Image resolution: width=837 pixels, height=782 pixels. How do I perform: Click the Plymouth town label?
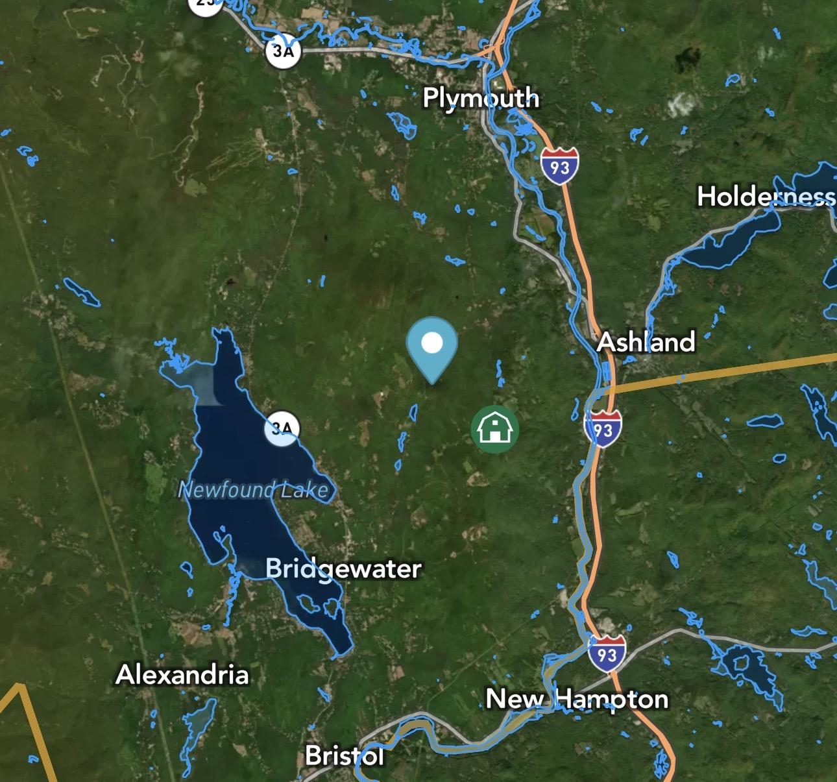481,98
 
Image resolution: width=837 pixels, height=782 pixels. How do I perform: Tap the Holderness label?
766,196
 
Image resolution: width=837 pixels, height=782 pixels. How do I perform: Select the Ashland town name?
646,341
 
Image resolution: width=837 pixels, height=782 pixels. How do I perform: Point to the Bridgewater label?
343,568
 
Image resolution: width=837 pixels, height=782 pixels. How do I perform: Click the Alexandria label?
182,675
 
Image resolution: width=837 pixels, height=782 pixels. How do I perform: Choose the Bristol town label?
344,755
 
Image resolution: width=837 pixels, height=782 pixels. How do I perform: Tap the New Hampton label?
577,699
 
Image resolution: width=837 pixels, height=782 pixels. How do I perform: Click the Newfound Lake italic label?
253,489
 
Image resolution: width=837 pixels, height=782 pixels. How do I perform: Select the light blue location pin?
432,344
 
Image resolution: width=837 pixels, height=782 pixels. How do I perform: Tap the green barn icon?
495,429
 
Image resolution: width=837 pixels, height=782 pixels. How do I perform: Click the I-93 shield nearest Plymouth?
559,166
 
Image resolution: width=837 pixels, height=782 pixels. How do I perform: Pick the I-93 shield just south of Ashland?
603,429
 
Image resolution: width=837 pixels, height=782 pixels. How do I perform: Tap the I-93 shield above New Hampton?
607,653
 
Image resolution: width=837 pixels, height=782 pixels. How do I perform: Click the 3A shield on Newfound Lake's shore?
282,429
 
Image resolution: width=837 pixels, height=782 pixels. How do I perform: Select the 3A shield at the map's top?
283,50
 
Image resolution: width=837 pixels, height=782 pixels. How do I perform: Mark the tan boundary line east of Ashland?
727,373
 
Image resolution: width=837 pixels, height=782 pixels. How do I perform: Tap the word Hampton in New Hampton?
612,699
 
